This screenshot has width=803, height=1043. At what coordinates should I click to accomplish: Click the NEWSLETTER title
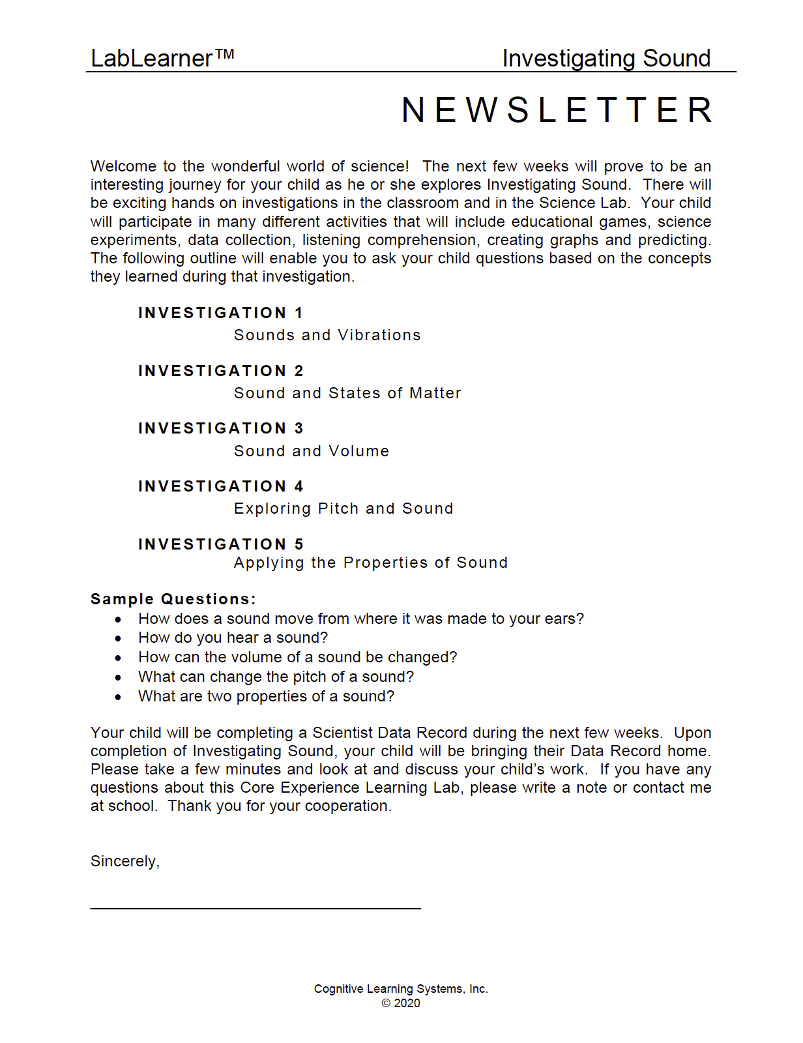coord(557,110)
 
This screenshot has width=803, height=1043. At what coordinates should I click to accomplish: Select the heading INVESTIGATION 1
coord(220,313)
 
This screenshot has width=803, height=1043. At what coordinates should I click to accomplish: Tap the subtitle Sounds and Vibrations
coord(327,335)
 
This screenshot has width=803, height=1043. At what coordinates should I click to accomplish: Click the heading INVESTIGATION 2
coord(220,371)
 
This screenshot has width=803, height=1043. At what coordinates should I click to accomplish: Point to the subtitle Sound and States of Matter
coord(347,393)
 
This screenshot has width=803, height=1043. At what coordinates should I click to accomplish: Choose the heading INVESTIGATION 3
coord(220,428)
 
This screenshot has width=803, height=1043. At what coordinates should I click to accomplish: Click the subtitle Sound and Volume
coord(312,451)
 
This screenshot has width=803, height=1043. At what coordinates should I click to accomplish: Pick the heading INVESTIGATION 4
coord(220,486)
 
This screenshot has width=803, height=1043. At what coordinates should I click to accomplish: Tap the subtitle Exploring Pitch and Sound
coord(343,508)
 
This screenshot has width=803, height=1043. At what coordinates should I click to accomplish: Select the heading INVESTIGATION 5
coord(220,544)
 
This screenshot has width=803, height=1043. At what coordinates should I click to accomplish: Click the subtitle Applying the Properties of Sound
coord(371,563)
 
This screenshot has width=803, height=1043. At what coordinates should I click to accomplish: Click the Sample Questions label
coord(173,599)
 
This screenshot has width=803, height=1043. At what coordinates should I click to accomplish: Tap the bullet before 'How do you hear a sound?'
coord(118,639)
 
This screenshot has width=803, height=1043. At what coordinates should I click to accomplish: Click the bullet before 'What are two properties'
coord(118,698)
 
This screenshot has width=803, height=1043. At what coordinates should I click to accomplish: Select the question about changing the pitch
coord(276,677)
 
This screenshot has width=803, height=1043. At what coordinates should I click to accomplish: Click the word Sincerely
coord(124,861)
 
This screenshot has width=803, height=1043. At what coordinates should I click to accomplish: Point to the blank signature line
coord(255,907)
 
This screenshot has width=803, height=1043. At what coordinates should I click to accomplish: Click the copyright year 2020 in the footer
coord(407,1003)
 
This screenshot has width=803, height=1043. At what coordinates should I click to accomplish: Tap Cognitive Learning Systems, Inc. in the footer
coord(401,989)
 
